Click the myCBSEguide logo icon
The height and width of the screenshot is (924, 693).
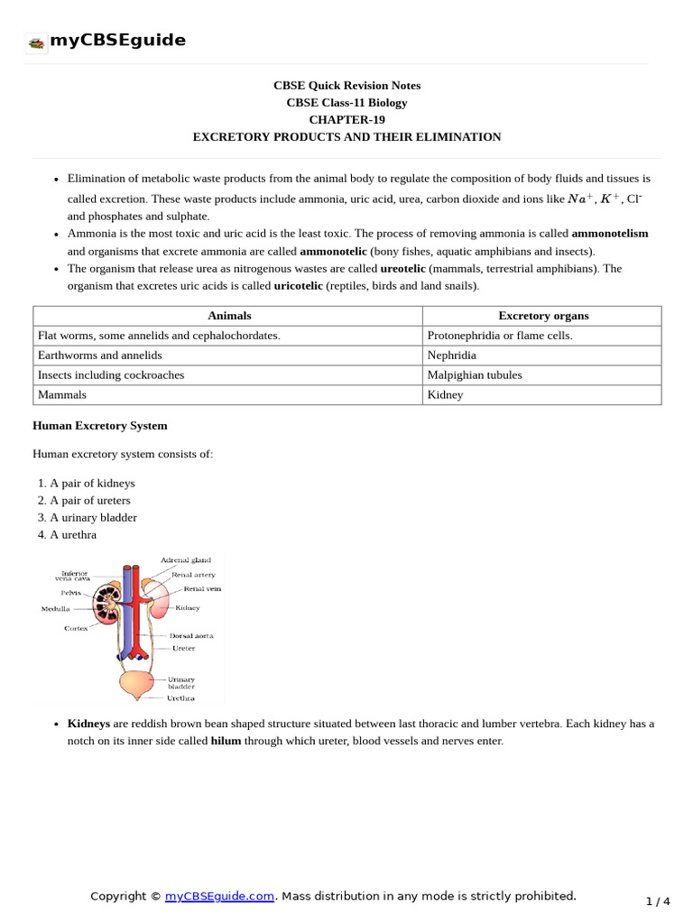coord(36,42)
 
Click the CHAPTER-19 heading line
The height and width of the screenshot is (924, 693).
coord(346,120)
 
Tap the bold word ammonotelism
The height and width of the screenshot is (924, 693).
coord(610,234)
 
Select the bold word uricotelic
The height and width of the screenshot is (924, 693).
coord(298,286)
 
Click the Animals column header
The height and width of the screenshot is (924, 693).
coord(229,316)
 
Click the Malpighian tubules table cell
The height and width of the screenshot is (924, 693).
coord(475,375)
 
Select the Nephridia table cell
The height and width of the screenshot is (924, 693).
coord(451,356)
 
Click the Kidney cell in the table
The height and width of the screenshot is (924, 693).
coord(445,395)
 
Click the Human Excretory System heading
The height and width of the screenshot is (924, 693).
coord(99,426)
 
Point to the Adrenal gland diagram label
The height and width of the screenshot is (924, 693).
coord(186,560)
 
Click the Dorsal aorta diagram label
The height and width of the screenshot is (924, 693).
coord(192,635)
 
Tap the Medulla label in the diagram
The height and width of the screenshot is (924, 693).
coord(55,609)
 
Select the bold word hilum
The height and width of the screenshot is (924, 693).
coord(226,741)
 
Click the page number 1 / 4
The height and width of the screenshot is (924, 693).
coord(659,901)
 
